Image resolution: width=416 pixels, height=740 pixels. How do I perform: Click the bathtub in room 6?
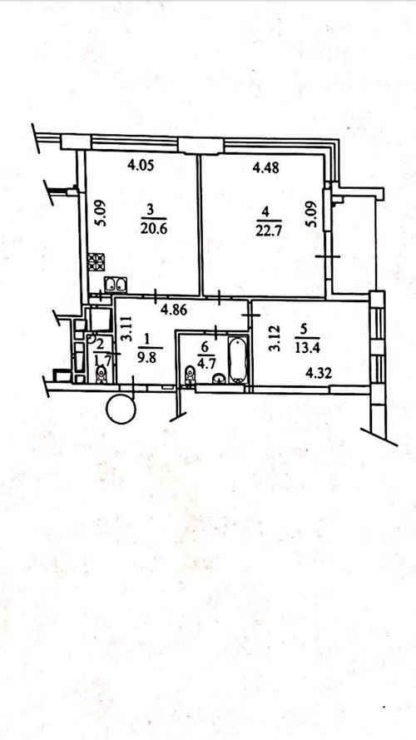238,360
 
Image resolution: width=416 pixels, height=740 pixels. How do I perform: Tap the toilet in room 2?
101,375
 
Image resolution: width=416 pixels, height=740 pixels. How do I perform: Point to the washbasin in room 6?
218,379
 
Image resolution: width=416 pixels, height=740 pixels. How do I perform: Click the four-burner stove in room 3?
97,261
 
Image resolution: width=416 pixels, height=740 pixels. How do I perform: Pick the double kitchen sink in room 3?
115,284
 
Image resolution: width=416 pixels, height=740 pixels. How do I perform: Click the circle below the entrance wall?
121,410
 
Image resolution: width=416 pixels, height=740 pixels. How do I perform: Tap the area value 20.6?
154,229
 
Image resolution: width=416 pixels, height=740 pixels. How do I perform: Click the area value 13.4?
307,350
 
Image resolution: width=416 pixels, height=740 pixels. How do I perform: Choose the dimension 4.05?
141,165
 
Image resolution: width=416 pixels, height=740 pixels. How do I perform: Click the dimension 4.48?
266,167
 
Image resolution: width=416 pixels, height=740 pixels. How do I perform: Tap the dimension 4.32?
319,375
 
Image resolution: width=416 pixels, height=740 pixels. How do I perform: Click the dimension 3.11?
125,329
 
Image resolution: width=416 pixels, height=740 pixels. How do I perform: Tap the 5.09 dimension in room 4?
311,214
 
